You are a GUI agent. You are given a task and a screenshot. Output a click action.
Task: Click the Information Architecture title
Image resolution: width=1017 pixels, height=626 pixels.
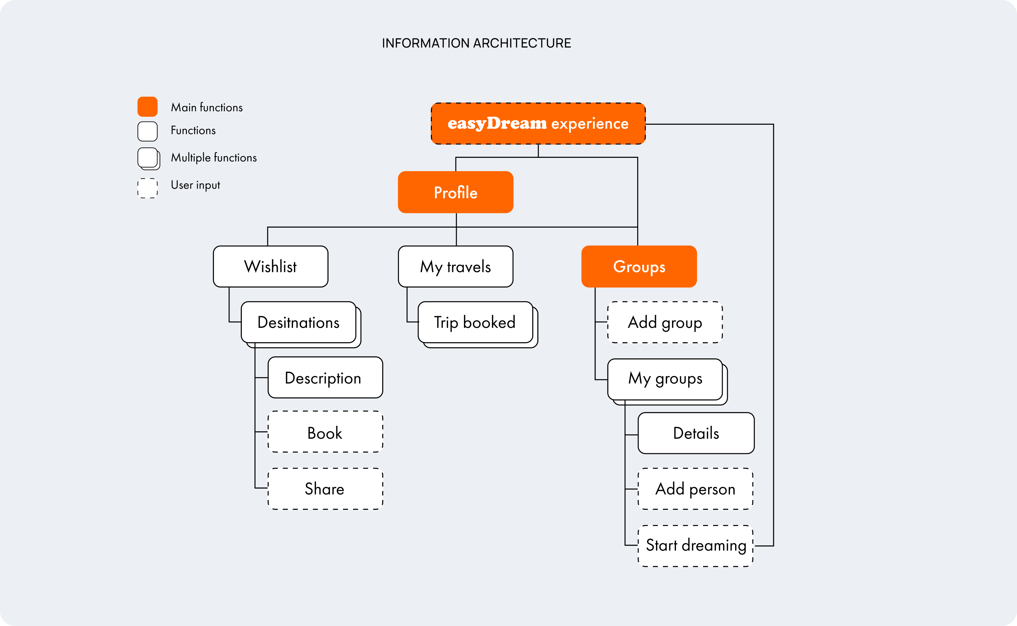pyautogui.click(x=476, y=43)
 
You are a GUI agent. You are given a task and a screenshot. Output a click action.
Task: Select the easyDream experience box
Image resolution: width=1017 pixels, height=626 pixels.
pyautogui.click(x=538, y=123)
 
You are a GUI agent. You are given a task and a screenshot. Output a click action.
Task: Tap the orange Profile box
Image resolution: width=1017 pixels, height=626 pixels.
pyautogui.click(x=455, y=192)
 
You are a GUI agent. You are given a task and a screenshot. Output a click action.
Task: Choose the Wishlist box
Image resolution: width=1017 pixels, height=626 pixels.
pyautogui.click(x=271, y=266)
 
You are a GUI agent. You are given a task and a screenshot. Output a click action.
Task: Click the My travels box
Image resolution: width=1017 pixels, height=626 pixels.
pyautogui.click(x=455, y=266)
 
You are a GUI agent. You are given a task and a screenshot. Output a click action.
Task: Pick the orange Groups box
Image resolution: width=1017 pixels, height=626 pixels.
pyautogui.click(x=639, y=266)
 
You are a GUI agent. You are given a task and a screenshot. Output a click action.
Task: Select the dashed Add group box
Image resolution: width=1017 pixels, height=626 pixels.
pyautogui.click(x=665, y=322)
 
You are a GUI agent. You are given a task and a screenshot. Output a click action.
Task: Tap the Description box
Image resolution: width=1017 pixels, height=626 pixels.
pyautogui.click(x=325, y=377)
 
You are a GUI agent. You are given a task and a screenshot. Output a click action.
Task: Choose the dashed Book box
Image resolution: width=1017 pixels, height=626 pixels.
pyautogui.click(x=325, y=432)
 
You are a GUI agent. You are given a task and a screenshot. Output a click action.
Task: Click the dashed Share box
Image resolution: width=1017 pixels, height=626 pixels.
pyautogui.click(x=325, y=489)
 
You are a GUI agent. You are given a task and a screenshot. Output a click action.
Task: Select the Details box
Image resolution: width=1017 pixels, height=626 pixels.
pyautogui.click(x=696, y=433)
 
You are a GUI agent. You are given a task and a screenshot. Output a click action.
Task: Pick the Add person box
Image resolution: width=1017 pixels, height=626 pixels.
pyautogui.click(x=695, y=489)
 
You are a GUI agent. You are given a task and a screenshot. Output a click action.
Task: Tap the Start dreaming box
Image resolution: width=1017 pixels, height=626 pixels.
pyautogui.click(x=695, y=546)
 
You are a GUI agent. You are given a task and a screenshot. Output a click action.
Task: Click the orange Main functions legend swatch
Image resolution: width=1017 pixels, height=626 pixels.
pyautogui.click(x=147, y=106)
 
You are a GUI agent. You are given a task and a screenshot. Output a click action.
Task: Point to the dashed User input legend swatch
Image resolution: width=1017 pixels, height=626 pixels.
pyautogui.click(x=147, y=188)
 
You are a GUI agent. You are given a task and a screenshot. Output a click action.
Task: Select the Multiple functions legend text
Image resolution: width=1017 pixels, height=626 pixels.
pyautogui.click(x=214, y=157)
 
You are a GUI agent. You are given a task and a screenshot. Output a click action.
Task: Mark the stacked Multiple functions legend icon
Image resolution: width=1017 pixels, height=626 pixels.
pyautogui.click(x=149, y=159)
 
